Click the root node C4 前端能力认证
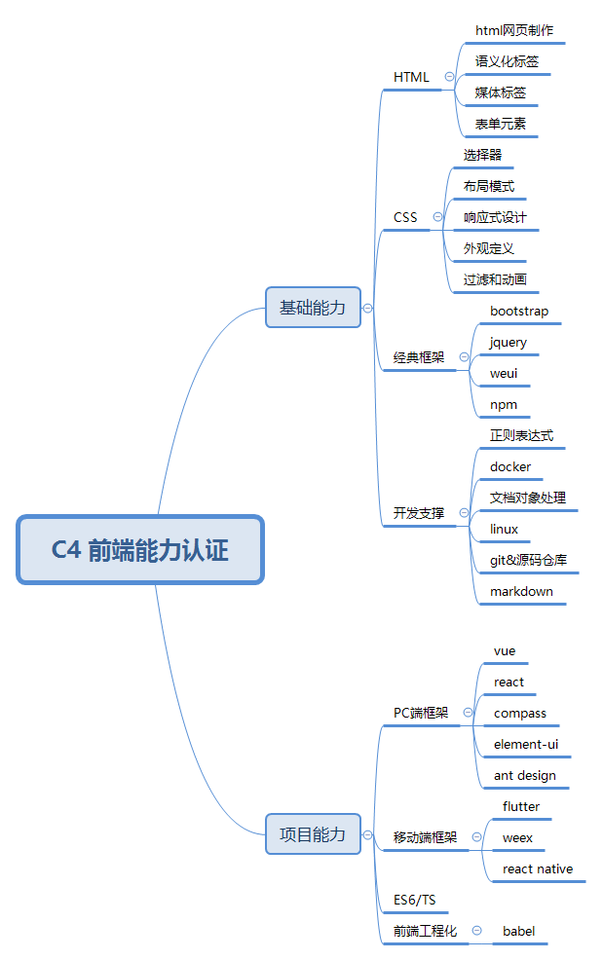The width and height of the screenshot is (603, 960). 140,550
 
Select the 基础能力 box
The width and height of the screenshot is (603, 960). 313,308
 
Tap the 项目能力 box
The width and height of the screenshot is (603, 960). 313,834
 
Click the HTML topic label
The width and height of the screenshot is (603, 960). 411,77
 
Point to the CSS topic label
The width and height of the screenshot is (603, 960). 405,217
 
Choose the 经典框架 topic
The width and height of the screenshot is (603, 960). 419,357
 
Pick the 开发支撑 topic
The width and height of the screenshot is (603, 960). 419,513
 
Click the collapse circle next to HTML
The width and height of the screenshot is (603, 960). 449,76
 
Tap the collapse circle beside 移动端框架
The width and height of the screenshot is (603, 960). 476,836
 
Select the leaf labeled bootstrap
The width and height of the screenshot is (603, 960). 519,312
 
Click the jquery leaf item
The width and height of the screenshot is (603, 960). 509,343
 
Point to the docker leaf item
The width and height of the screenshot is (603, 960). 510,467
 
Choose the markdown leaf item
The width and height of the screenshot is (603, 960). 521,592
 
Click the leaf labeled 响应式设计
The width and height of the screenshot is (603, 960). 495,218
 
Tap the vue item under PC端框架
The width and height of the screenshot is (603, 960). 505,651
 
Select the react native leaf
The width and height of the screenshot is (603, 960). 538,869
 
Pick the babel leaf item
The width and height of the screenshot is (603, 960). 518,932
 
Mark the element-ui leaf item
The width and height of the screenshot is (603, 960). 526,745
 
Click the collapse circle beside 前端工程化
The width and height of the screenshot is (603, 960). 476,931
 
